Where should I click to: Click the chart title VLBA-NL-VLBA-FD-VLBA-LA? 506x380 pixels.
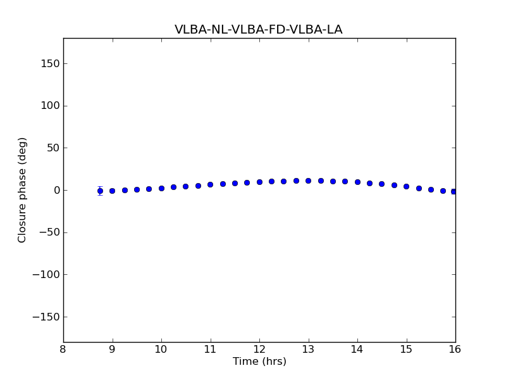(259, 30)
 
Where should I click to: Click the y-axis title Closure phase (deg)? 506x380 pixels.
(23, 190)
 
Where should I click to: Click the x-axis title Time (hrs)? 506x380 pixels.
(259, 362)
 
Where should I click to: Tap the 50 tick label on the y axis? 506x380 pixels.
(52, 148)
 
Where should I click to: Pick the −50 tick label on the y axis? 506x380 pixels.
(48, 232)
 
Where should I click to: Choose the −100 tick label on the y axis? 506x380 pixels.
(46, 275)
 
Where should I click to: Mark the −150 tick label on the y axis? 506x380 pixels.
(46, 317)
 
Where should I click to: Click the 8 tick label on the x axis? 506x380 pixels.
(63, 350)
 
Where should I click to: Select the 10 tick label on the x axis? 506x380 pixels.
(161, 350)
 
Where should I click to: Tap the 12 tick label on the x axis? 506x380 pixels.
(259, 350)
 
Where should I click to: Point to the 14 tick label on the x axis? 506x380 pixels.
(357, 350)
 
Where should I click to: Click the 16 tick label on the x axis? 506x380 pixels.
(455, 350)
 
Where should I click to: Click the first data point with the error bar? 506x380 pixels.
(100, 191)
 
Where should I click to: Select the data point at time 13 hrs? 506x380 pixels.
(308, 180)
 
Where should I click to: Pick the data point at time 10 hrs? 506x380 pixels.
(161, 188)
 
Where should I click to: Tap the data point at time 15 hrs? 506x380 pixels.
(406, 186)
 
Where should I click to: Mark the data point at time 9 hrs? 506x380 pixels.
(112, 191)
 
